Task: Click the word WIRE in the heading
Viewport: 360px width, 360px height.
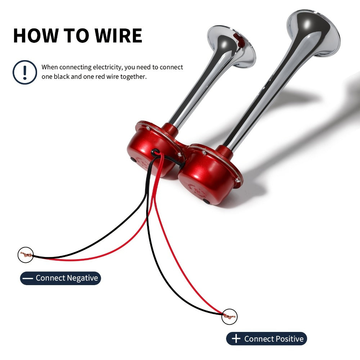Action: coord(118,36)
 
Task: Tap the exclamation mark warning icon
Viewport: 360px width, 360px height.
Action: coord(25,72)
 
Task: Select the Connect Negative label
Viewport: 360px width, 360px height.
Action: coord(60,278)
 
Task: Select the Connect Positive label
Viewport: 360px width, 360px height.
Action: coord(266,339)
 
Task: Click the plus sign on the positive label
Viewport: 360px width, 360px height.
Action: coord(236,339)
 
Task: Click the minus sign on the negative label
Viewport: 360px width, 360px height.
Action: coord(28,278)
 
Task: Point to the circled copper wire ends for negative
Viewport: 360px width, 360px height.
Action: coord(26,255)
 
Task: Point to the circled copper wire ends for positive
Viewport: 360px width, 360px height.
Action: coord(229,316)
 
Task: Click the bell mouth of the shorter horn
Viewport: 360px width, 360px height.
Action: coord(231,46)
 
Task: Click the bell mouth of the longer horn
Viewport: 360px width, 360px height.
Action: coord(314,33)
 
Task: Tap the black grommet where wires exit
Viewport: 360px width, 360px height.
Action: coord(155,152)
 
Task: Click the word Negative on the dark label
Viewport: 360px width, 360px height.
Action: coord(82,278)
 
